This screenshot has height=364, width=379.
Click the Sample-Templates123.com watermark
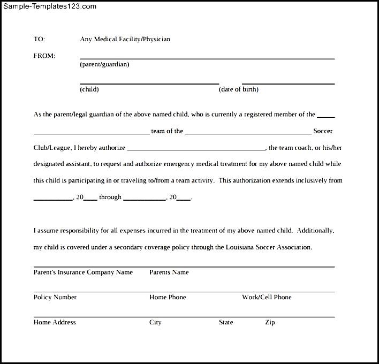click(x=49, y=6)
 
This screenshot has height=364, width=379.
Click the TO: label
click(x=39, y=39)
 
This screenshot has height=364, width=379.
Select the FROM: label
click(x=44, y=56)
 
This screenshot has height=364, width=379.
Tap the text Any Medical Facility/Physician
click(x=125, y=39)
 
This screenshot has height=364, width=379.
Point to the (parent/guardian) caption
click(x=104, y=64)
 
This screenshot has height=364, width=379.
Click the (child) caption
click(x=89, y=89)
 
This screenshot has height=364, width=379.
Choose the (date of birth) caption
click(x=239, y=89)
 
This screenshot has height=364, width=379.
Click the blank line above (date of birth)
click(x=288, y=84)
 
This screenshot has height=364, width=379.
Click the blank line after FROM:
click(x=207, y=58)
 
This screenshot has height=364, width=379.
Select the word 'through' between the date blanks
click(x=110, y=197)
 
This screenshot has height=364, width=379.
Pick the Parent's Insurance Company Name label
click(x=83, y=272)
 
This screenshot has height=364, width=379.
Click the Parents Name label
click(x=169, y=272)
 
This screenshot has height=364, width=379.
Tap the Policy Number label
click(x=55, y=297)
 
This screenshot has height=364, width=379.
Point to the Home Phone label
click(x=168, y=297)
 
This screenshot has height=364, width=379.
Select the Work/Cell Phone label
click(x=267, y=297)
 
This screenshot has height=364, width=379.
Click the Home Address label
click(x=55, y=322)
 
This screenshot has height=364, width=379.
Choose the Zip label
click(x=270, y=322)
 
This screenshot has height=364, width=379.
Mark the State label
click(x=226, y=322)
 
